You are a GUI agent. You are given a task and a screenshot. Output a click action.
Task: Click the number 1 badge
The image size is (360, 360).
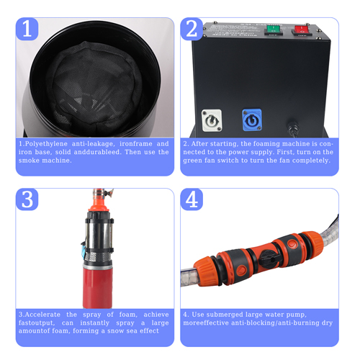(27, 29)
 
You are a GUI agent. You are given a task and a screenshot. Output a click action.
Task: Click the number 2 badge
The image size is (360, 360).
(192, 29)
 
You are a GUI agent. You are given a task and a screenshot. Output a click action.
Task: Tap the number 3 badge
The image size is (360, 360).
(27, 199)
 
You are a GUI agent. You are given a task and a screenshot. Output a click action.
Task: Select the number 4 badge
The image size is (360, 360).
(192, 199)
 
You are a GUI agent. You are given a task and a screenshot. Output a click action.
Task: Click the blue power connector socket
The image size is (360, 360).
(252, 120)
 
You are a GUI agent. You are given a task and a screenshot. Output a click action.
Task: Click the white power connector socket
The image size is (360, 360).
(212, 120)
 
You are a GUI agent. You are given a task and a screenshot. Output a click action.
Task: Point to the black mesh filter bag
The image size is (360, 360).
(94, 88)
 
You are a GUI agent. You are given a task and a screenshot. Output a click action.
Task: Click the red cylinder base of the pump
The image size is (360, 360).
(98, 286)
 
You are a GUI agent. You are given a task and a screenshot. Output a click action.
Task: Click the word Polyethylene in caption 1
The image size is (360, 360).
(46, 144)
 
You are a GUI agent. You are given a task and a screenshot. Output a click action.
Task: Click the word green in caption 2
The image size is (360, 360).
(193, 161)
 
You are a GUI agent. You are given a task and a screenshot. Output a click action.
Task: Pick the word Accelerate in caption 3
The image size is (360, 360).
(42, 315)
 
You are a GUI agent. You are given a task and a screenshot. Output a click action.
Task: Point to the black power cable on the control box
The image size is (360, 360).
(293, 128)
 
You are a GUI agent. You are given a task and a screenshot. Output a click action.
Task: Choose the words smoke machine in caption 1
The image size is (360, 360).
(45, 161)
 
